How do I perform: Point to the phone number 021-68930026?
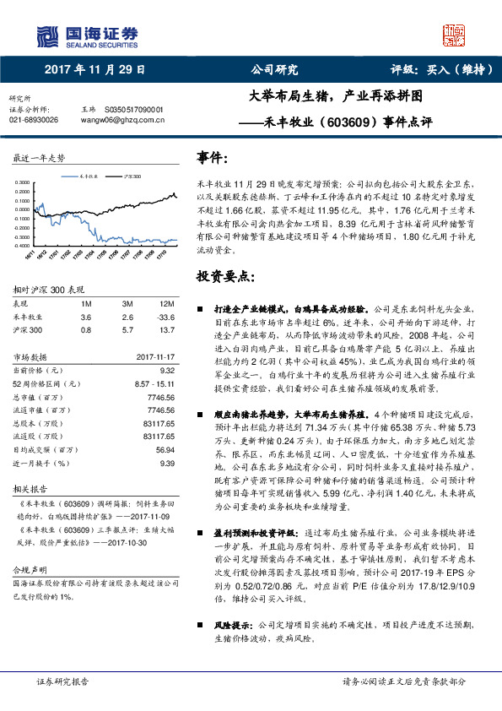click(x=34, y=121)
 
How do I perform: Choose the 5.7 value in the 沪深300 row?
click(x=127, y=329)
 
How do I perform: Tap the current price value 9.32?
click(x=166, y=370)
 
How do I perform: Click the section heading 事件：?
click(x=212, y=158)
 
